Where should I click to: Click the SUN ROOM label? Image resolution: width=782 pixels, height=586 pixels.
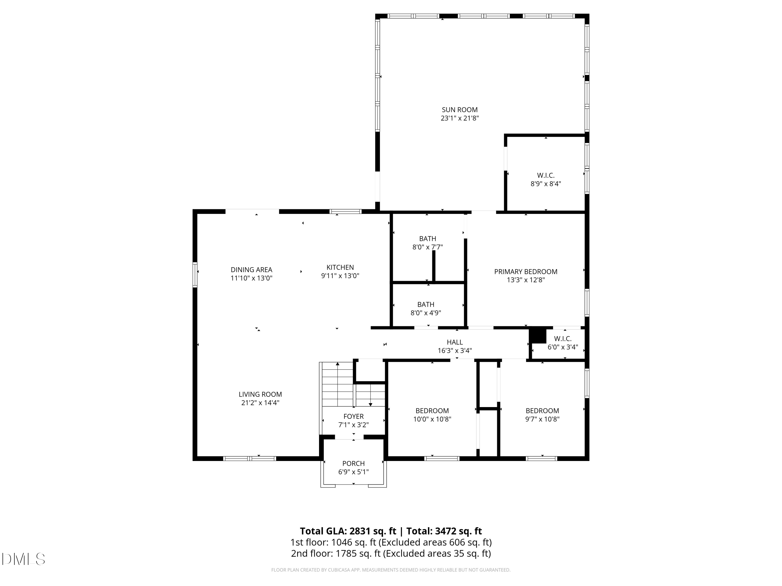coord(460,110)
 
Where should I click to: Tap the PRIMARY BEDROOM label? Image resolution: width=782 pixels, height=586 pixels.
coord(526,272)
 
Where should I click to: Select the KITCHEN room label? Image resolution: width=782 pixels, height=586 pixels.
coord(340,267)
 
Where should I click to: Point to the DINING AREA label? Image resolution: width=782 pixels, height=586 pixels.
coord(251,270)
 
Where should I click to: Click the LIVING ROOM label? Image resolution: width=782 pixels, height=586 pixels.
coord(260,394)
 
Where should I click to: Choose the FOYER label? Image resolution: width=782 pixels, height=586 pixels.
coord(353,416)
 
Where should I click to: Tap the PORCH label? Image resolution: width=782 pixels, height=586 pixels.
coord(353,463)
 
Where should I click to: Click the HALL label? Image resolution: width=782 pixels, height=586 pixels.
coord(455,342)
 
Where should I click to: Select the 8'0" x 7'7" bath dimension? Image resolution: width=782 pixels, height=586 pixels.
coord(427,247)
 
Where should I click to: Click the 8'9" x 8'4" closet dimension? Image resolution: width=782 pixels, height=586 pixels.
coord(546,184)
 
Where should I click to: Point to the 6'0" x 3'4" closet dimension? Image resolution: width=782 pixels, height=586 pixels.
coord(563,347)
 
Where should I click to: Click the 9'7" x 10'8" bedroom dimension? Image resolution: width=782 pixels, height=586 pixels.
coord(542,419)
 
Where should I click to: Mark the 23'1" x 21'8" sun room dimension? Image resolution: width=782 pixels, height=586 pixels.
coord(460,118)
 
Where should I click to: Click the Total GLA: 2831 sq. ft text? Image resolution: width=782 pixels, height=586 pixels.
coord(348,531)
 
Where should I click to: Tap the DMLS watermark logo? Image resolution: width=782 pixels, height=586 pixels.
coord(23,559)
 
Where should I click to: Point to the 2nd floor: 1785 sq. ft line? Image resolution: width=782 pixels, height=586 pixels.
coord(391,553)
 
